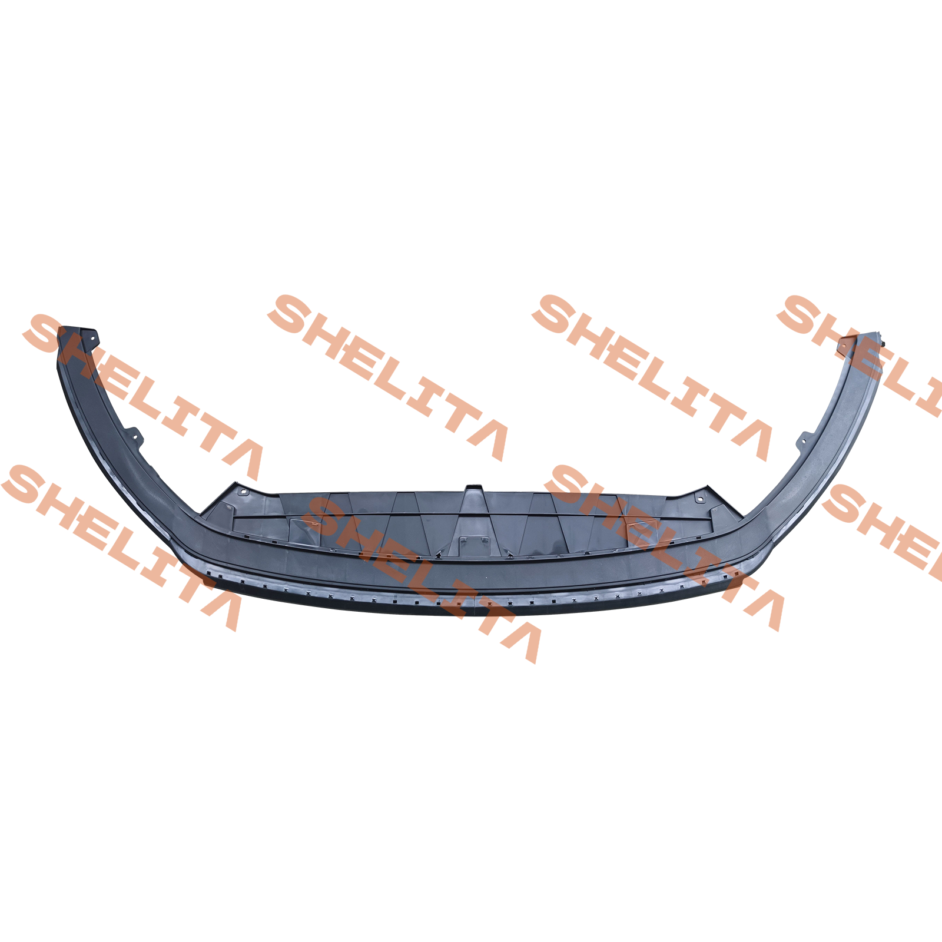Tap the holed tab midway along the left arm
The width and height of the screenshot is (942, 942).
tap(135, 436)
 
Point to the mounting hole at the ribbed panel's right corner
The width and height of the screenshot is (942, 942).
tap(699, 500)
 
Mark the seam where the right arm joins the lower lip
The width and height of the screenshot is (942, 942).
tap(772, 534)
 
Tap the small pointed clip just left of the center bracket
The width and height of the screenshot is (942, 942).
tap(439, 554)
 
